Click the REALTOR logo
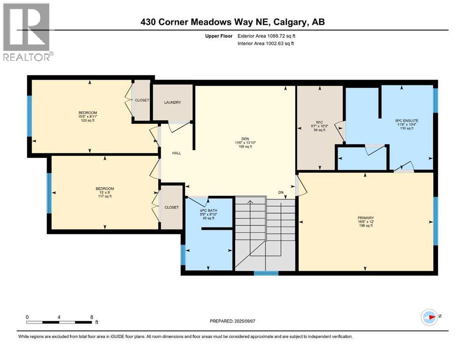(x=27, y=31)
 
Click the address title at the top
(x=232, y=22)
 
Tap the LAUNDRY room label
(x=172, y=103)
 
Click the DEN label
(x=244, y=142)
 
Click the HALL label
(x=176, y=153)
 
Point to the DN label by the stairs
(x=280, y=192)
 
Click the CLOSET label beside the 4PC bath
(x=171, y=207)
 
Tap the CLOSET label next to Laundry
(x=142, y=100)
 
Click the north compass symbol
(x=429, y=317)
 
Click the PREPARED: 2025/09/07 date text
(x=233, y=321)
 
